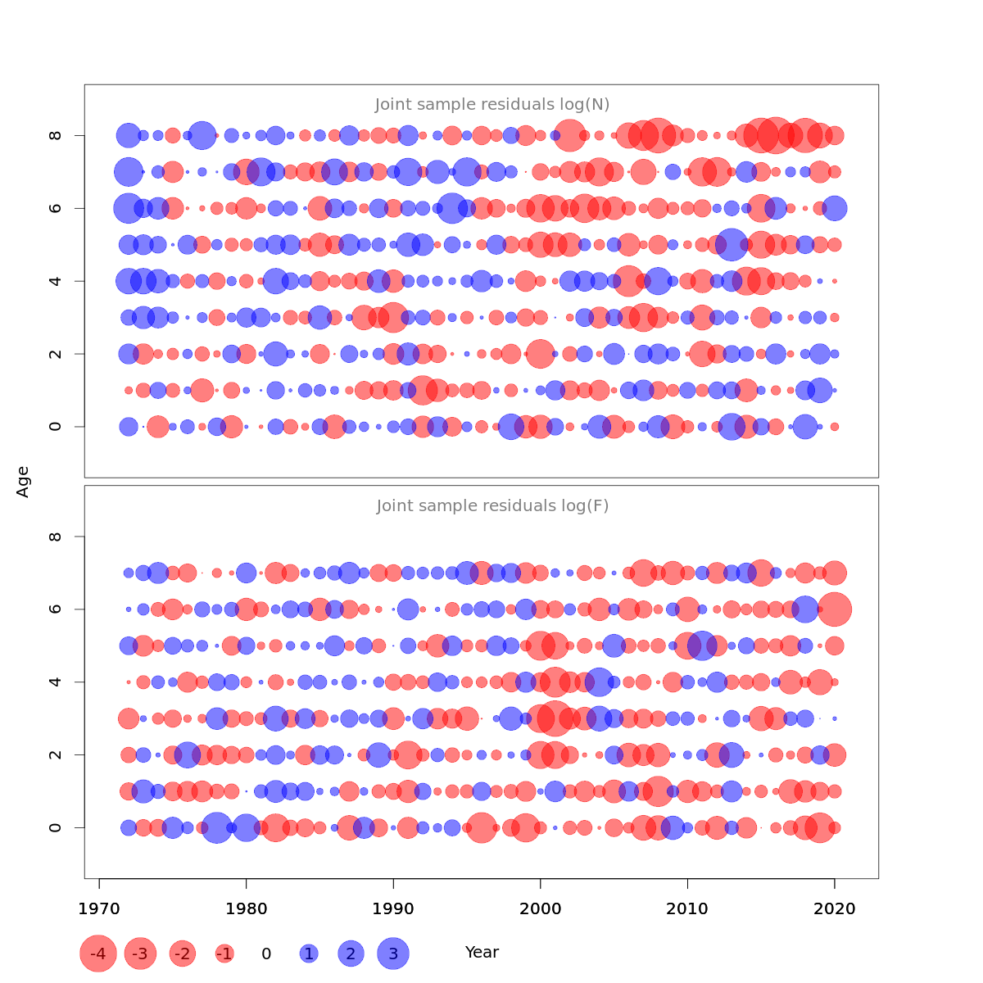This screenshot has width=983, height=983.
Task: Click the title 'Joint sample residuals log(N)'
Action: pyautogui.click(x=492, y=104)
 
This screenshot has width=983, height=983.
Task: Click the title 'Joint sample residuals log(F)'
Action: pyautogui.click(x=492, y=505)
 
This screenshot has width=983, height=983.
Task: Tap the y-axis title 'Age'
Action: pyautogui.click(x=24, y=482)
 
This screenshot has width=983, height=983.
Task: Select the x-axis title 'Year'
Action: pyautogui.click(x=482, y=952)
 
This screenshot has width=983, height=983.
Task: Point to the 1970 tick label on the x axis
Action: pyautogui.click(x=99, y=908)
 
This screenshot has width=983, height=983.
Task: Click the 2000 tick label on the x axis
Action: pyautogui.click(x=540, y=908)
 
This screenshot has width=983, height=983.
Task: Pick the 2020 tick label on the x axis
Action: pyautogui.click(x=835, y=908)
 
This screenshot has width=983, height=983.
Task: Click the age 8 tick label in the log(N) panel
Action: pyautogui.click(x=56, y=135)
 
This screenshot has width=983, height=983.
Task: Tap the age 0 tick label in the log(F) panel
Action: pyautogui.click(x=56, y=827)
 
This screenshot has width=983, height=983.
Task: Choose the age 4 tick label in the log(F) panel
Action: pyautogui.click(x=56, y=682)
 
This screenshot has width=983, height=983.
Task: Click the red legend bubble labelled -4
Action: pyautogui.click(x=98, y=954)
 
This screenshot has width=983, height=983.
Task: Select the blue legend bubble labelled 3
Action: pyautogui.click(x=393, y=954)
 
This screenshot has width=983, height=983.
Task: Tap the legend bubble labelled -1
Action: pyautogui.click(x=224, y=954)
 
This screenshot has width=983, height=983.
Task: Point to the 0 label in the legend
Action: pyautogui.click(x=266, y=954)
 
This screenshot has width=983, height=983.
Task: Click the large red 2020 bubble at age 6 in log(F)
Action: pyautogui.click(x=835, y=609)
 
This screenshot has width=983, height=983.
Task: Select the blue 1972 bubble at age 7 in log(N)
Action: pyautogui.click(x=129, y=172)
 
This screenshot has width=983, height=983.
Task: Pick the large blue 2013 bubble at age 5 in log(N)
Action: pyautogui.click(x=732, y=244)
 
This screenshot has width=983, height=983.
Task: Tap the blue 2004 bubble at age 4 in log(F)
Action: pyautogui.click(x=599, y=682)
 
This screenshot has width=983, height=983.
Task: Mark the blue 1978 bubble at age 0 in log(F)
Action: pyautogui.click(x=216, y=827)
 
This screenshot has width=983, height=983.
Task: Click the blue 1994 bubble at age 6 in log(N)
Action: pyautogui.click(x=452, y=208)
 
